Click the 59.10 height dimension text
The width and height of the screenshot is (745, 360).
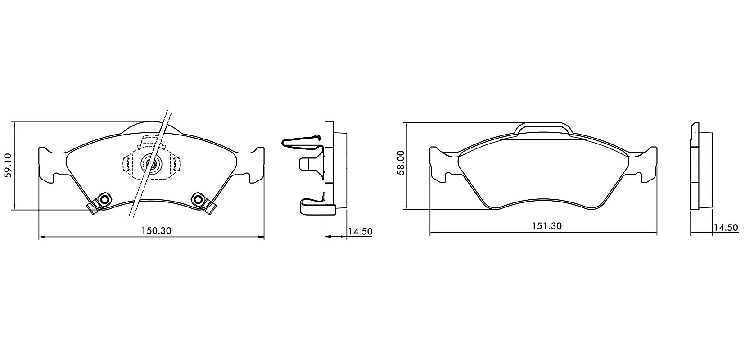point(8,165)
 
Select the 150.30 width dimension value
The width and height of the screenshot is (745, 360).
point(156,230)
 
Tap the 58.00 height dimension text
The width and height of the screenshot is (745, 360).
point(401,162)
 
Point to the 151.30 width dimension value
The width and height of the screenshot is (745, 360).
point(547,226)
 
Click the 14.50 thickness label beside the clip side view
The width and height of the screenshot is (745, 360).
point(361,231)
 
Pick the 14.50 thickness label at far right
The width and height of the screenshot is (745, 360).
point(726,228)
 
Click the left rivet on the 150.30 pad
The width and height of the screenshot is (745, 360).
point(104,199)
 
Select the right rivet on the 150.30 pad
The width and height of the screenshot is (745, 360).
point(198,199)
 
